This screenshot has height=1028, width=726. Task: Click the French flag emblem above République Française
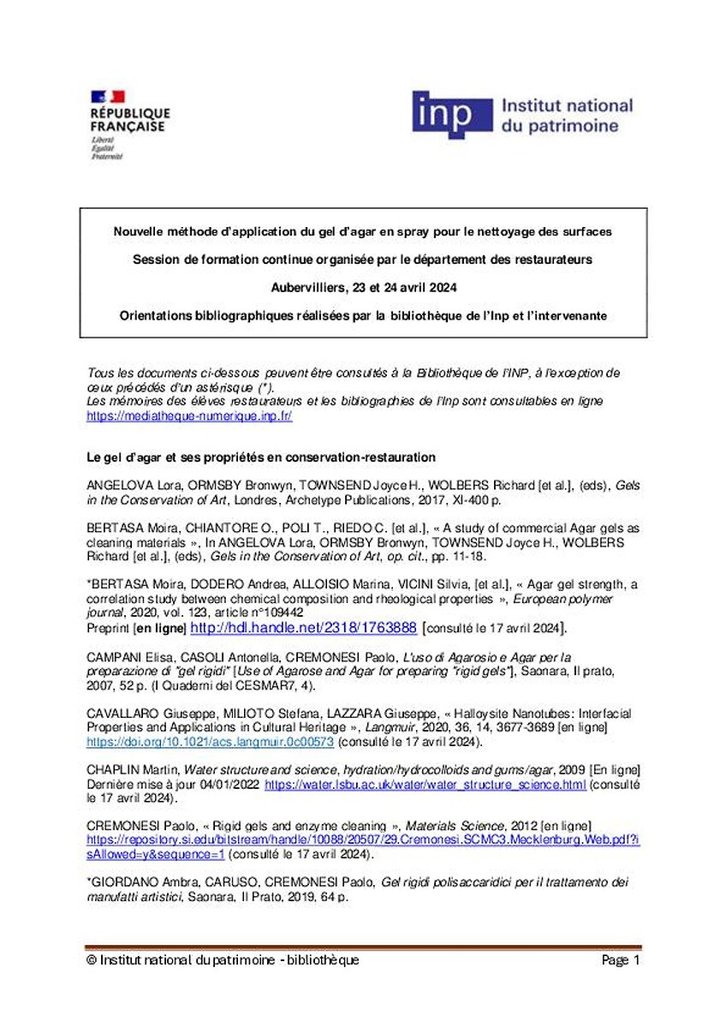(107, 97)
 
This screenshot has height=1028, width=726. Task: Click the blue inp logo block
(452, 115)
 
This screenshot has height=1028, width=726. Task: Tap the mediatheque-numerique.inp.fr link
(189, 415)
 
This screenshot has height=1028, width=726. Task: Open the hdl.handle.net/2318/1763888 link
(303, 628)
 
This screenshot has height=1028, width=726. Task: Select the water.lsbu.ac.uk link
(425, 785)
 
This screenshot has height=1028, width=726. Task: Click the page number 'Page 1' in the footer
(621, 960)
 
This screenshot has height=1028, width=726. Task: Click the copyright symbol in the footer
(91, 960)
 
